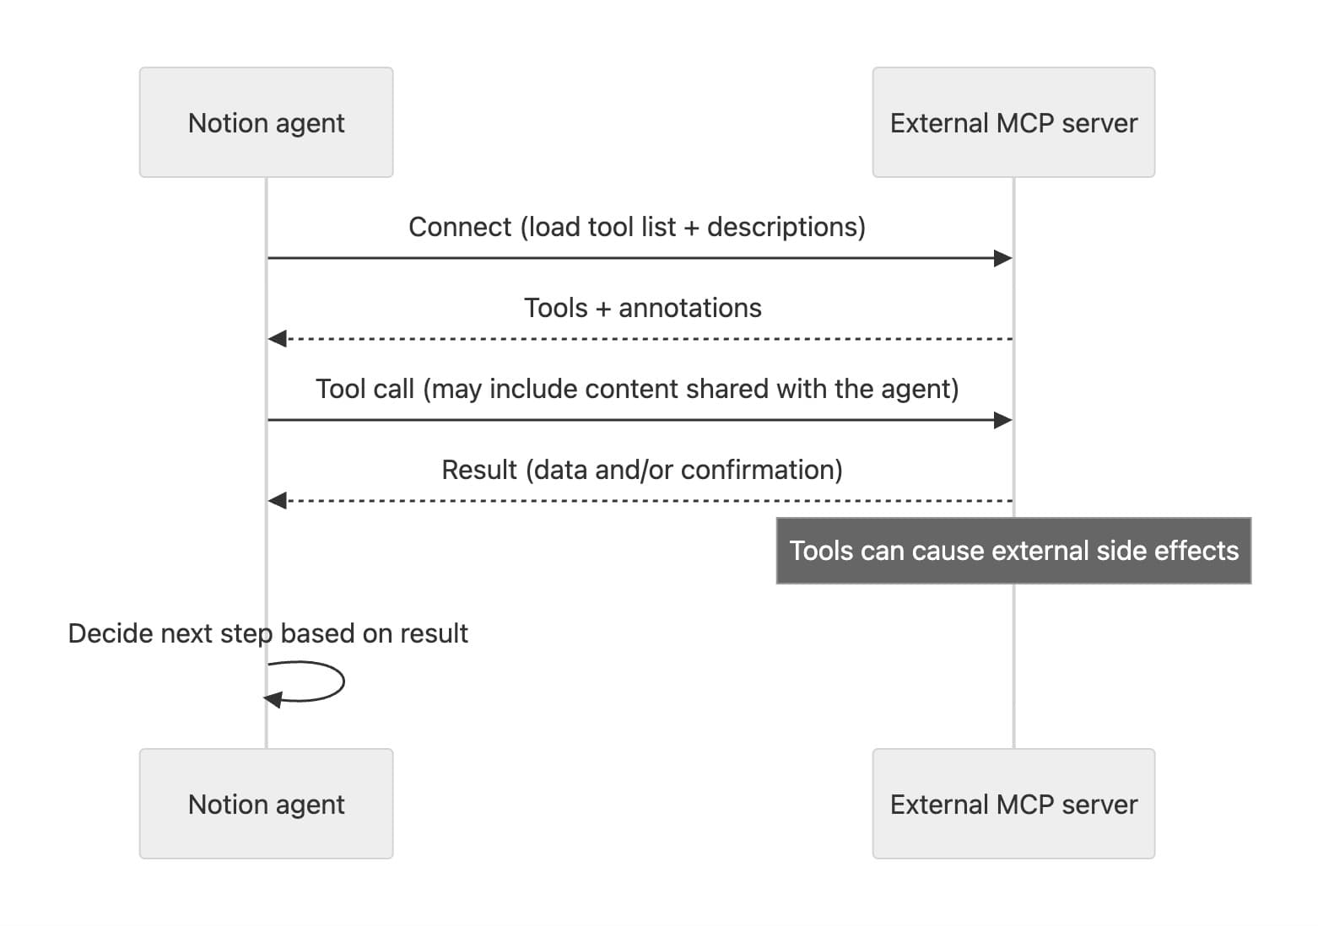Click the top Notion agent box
point(266,122)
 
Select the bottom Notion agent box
point(266,804)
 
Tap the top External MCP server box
point(1013,122)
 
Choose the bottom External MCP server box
point(1013,804)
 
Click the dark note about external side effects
point(1013,551)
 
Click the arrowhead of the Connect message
point(1002,258)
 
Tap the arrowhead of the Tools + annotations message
point(278,339)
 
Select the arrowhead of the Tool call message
point(1002,420)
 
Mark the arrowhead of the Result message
point(278,501)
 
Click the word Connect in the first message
point(460,227)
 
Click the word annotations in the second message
point(689,308)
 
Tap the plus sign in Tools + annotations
point(603,309)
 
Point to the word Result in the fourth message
point(478,470)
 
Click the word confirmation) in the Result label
point(761,470)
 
